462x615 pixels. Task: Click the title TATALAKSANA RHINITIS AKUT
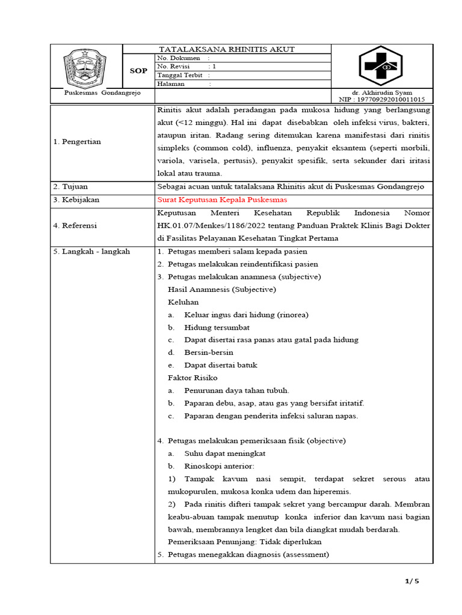[226, 49]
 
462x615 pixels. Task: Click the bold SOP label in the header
[138, 71]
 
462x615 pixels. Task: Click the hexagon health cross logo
[381, 66]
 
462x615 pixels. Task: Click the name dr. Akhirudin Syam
[382, 92]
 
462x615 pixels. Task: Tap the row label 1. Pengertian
[78, 142]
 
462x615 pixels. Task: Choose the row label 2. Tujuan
[71, 187]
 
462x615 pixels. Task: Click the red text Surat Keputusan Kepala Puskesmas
[222, 199]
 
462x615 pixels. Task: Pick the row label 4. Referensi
[75, 226]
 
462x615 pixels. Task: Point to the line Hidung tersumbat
[217, 327]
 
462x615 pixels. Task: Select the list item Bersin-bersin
[209, 353]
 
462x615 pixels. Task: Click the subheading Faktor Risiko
[192, 378]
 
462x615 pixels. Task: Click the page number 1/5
[411, 581]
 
